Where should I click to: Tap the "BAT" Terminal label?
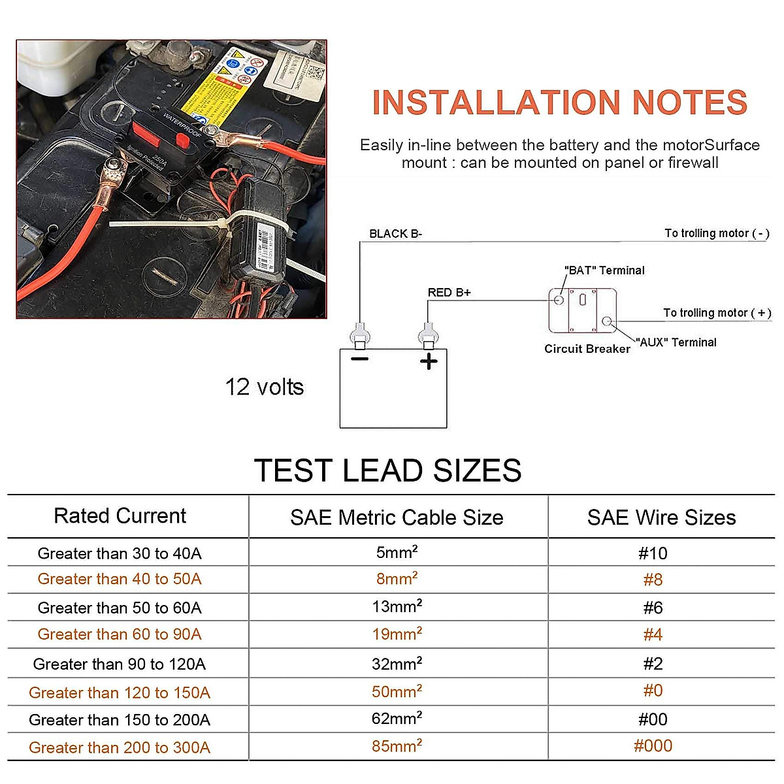(604, 270)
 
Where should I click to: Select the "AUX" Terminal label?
(676, 342)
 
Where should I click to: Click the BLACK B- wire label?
(395, 234)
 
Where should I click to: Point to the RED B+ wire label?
(449, 293)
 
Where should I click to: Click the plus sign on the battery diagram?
(429, 361)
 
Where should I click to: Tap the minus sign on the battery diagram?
(360, 359)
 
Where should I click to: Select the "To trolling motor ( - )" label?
(717, 233)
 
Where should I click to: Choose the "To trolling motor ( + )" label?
(717, 313)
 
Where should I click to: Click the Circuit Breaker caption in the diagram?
(587, 349)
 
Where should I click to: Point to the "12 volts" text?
(265, 387)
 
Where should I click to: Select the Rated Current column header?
(120, 516)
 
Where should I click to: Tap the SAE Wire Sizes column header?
(661, 518)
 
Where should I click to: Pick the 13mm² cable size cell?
(397, 606)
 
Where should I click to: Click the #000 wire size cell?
(653, 746)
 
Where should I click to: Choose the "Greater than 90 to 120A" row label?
(120, 664)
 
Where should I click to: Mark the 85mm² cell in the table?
(397, 745)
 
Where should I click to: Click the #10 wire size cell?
(653, 554)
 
